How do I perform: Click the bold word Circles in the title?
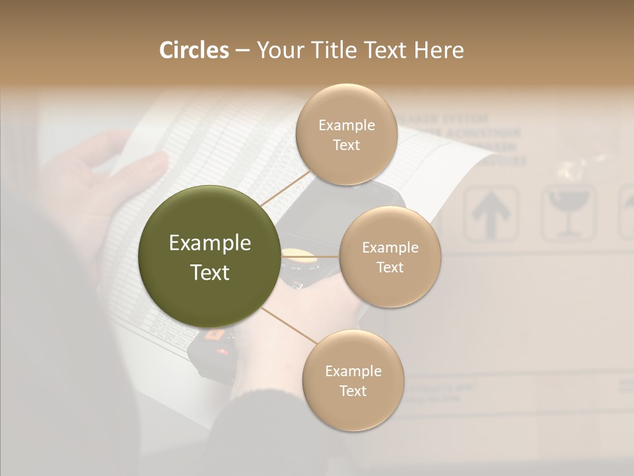point(194,50)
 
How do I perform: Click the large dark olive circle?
point(209,257)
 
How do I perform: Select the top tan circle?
point(346,135)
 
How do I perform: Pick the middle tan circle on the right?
point(390,257)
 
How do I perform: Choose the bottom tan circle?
point(353,381)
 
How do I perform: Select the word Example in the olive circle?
point(209,243)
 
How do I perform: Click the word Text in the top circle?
point(346,145)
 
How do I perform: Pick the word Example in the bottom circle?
point(353,371)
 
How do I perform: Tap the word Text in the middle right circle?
point(390,268)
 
